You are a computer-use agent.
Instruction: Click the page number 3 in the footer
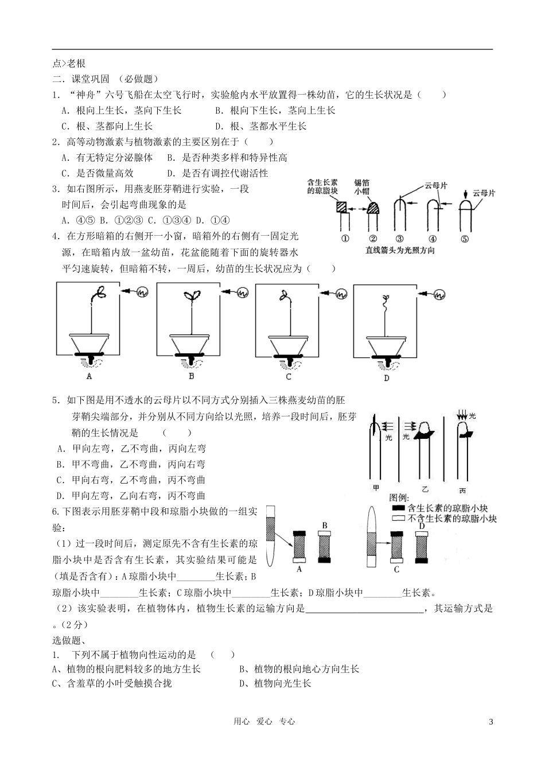(490, 722)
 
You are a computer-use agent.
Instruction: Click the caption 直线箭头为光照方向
(400, 250)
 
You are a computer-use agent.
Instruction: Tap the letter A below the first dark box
(89, 376)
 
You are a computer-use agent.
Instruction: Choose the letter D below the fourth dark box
(386, 378)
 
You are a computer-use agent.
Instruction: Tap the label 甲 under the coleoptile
(376, 488)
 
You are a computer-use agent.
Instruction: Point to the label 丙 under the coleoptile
(462, 491)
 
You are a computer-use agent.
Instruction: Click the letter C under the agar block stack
(396, 570)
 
